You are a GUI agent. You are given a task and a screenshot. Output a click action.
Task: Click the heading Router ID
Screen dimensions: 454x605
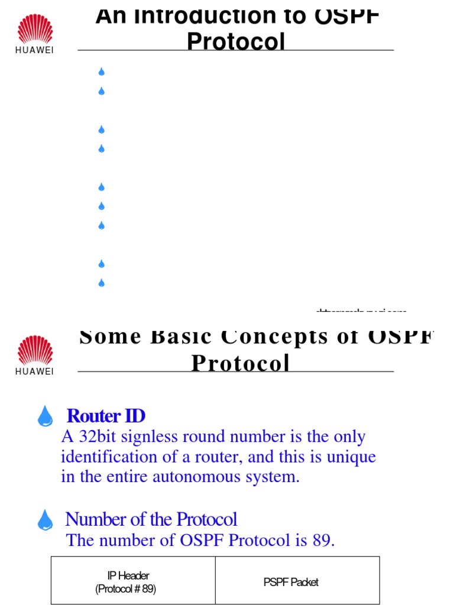(106, 416)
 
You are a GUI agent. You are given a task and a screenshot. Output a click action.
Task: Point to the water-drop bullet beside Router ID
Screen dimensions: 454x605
(45, 417)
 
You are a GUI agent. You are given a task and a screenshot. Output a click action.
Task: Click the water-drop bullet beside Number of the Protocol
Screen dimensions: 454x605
(45, 520)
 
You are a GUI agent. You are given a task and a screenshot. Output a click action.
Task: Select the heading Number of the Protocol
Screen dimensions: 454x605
(151, 519)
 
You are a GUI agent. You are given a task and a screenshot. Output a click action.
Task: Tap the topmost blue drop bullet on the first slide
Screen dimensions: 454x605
(101, 72)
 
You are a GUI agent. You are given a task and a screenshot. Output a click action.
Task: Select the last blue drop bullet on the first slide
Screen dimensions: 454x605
(101, 283)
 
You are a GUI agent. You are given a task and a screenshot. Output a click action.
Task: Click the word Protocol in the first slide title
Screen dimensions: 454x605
(236, 42)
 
